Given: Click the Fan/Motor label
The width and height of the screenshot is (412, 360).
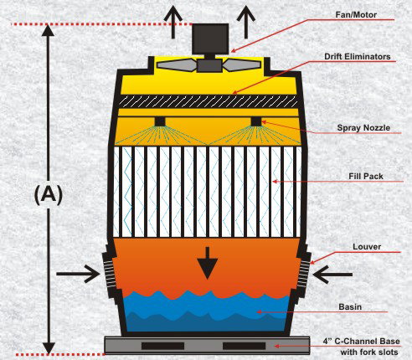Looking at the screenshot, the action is click(x=356, y=14).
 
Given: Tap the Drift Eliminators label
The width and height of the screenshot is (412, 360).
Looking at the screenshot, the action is click(x=358, y=57).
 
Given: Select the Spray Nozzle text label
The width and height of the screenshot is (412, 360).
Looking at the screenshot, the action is click(x=363, y=128).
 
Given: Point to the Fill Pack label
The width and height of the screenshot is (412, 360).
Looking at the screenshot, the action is click(x=366, y=176).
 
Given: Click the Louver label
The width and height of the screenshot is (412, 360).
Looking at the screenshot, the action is click(x=367, y=247).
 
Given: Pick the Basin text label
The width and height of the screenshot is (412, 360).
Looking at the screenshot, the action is click(x=350, y=306).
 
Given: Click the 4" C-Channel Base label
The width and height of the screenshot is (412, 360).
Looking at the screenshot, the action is click(x=361, y=341).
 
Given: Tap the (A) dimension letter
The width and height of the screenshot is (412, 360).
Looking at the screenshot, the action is click(x=49, y=195).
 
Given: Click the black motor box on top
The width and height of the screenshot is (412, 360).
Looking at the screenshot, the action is click(x=210, y=39).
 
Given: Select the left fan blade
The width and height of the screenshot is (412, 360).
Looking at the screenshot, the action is click(x=177, y=65).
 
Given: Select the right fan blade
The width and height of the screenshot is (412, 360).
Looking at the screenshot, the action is click(x=242, y=65).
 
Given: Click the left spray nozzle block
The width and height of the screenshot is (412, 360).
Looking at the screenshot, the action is click(x=160, y=121).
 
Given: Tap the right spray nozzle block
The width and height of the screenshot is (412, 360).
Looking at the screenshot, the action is click(x=256, y=121).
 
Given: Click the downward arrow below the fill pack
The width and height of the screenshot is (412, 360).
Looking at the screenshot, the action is click(x=207, y=263).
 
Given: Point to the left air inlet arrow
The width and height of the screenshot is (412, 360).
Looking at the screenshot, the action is click(x=78, y=274).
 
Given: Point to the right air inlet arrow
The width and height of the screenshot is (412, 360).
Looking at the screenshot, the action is click(x=332, y=275).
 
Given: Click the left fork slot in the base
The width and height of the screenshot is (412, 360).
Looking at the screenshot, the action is click(x=162, y=346).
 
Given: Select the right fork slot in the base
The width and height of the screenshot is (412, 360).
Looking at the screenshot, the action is click(x=244, y=346).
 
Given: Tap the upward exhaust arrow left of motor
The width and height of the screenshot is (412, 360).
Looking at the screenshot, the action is click(x=173, y=22).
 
